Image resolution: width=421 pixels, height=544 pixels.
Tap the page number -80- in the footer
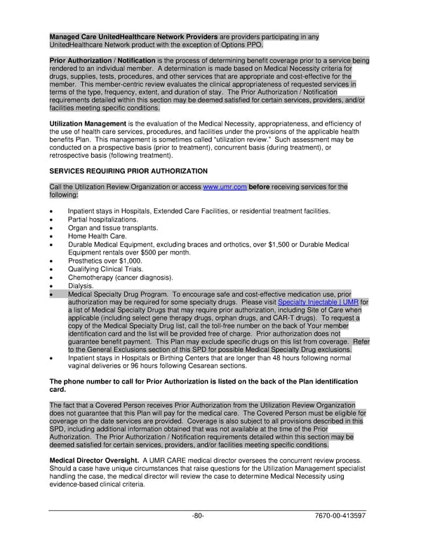[x=198, y=515]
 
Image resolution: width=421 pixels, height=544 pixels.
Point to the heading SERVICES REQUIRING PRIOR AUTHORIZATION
[x=128, y=171]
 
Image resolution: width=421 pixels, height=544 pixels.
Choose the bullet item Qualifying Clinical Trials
[x=105, y=269]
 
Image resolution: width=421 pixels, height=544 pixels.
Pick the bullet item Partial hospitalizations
[x=103, y=219]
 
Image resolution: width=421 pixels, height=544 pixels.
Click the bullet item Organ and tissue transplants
[x=112, y=228]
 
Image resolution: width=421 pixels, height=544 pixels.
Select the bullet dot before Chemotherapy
[x=52, y=278]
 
